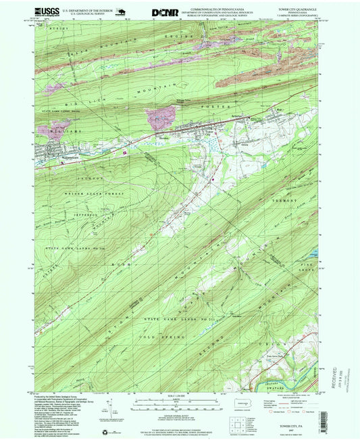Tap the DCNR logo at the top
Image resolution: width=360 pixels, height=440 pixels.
click(166, 11)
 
